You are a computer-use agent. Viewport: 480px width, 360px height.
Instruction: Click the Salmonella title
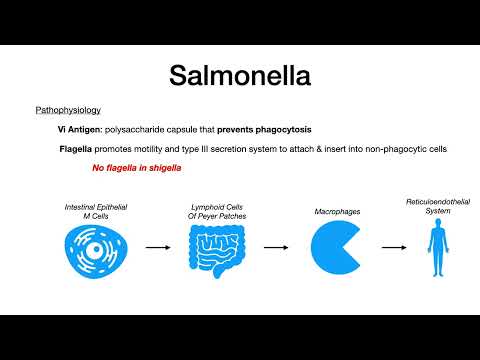240,76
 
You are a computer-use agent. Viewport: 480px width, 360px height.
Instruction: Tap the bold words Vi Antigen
82,130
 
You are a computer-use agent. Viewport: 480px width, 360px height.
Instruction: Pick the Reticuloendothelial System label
434,206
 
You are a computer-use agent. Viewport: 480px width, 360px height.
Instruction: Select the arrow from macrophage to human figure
386,245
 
